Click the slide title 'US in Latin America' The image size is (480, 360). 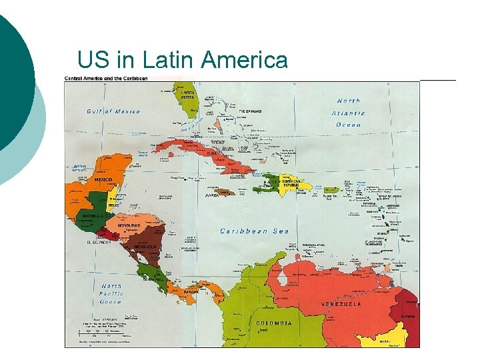(182, 60)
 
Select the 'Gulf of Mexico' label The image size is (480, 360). (113, 111)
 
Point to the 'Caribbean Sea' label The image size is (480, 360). (253, 231)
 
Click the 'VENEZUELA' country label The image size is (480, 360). (341, 304)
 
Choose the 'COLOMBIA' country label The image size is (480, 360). (273, 323)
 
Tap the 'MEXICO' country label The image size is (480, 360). (103, 179)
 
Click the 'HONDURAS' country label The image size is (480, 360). (129, 225)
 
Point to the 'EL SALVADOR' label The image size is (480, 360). (97, 242)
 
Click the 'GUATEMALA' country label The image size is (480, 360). (89, 216)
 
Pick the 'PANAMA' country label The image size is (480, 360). (190, 291)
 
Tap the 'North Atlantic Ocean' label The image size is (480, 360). (347, 113)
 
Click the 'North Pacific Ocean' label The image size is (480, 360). (112, 293)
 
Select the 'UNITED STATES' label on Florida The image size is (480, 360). (187, 95)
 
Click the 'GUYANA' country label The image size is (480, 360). (407, 316)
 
